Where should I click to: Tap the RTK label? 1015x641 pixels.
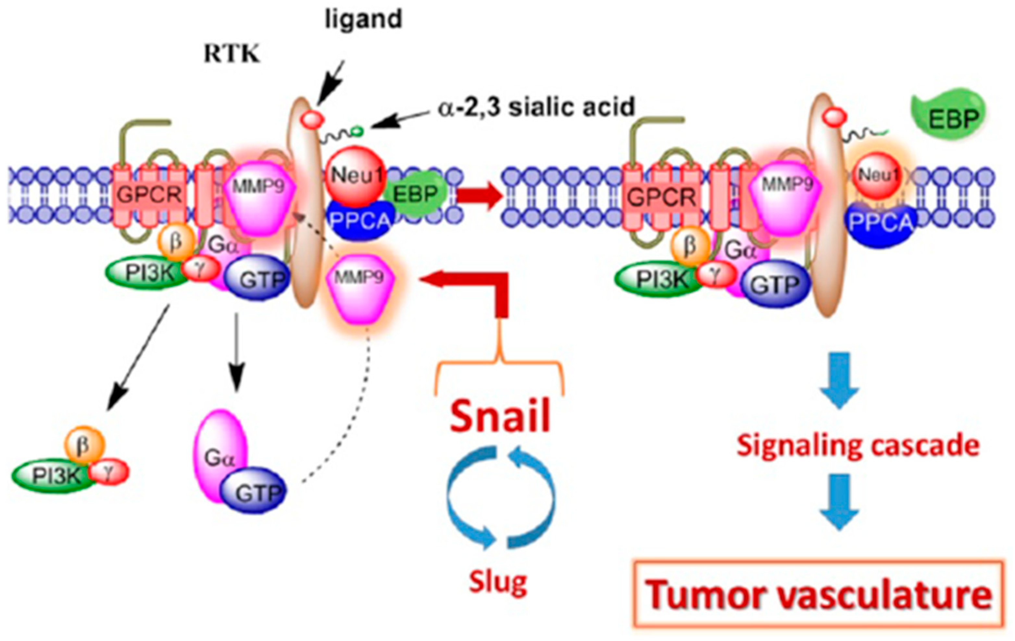[232, 54]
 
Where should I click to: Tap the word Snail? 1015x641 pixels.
[500, 416]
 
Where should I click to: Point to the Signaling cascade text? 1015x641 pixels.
[858, 446]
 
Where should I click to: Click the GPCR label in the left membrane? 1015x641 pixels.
[149, 195]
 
